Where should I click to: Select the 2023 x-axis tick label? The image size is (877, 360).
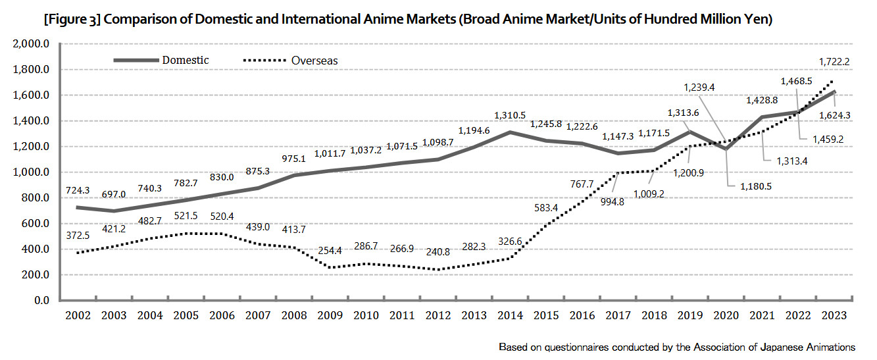[x=835, y=315]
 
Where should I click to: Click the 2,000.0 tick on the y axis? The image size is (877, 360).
[x=31, y=44]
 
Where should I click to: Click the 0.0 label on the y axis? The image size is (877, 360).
[x=41, y=301]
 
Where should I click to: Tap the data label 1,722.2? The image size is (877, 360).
[x=834, y=61]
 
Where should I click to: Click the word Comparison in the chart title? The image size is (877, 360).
[x=139, y=20]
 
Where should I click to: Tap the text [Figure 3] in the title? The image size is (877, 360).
[x=72, y=20]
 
